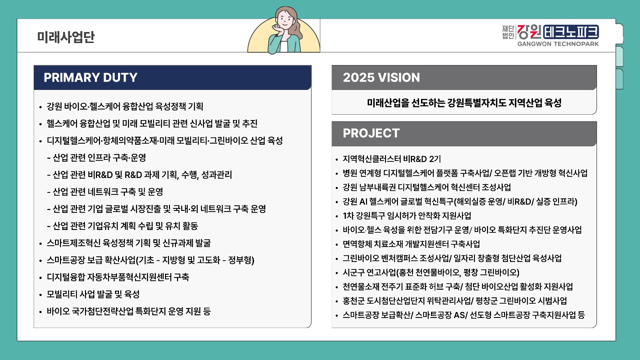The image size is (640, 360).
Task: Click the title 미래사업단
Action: (x=66, y=37)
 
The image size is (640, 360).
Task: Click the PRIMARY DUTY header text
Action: (x=90, y=78)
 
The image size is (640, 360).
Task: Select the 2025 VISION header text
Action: (x=381, y=78)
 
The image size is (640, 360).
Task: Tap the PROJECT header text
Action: (x=371, y=133)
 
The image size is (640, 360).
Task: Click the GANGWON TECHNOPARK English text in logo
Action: (x=558, y=44)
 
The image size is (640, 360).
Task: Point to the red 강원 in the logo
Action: (x=530, y=32)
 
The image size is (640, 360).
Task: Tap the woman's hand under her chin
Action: (x=277, y=29)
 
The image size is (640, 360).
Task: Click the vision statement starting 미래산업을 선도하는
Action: (x=464, y=103)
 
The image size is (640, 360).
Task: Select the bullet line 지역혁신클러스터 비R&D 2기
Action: (x=392, y=159)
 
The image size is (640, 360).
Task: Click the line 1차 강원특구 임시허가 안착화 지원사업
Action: (x=407, y=216)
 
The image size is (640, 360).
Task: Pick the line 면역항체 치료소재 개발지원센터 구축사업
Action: (x=411, y=244)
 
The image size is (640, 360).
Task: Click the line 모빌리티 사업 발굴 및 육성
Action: (x=93, y=294)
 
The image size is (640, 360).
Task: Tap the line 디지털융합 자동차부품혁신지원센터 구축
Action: (x=118, y=277)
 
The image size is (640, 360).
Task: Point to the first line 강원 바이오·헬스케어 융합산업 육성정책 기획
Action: (x=125, y=106)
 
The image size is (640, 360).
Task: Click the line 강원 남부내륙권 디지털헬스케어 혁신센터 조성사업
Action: (x=427, y=187)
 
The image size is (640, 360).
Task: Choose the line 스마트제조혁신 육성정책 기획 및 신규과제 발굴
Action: (x=129, y=243)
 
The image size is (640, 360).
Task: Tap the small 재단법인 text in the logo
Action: (x=508, y=32)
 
